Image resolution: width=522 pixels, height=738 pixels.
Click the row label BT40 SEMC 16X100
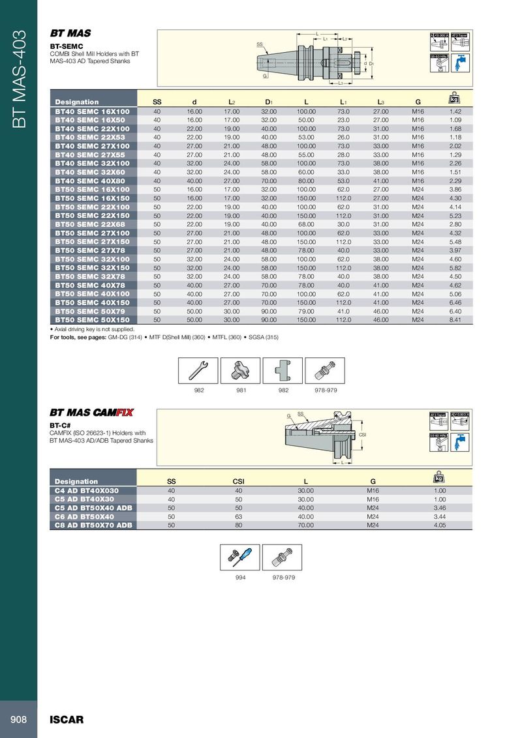(x=92, y=111)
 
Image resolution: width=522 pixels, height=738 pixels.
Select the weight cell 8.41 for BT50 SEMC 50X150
(x=455, y=320)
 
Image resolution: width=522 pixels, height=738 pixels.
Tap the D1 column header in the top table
(x=269, y=102)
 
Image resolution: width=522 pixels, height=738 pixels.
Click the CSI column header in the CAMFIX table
(x=238, y=481)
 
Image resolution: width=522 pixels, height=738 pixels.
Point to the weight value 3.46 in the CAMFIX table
(x=439, y=507)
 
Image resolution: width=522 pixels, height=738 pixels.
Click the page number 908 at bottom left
(x=18, y=719)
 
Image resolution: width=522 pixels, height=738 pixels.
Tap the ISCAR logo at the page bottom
(x=67, y=720)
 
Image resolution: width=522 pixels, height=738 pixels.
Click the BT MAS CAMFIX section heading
(x=91, y=412)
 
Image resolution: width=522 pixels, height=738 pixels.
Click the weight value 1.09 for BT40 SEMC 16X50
(x=455, y=120)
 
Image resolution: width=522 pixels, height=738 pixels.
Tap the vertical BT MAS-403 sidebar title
(x=18, y=78)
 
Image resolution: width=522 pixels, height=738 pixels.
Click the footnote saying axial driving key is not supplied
(x=92, y=329)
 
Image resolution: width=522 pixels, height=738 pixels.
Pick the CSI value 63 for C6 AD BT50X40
(x=238, y=516)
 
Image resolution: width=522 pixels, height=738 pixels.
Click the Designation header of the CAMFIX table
(x=76, y=481)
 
